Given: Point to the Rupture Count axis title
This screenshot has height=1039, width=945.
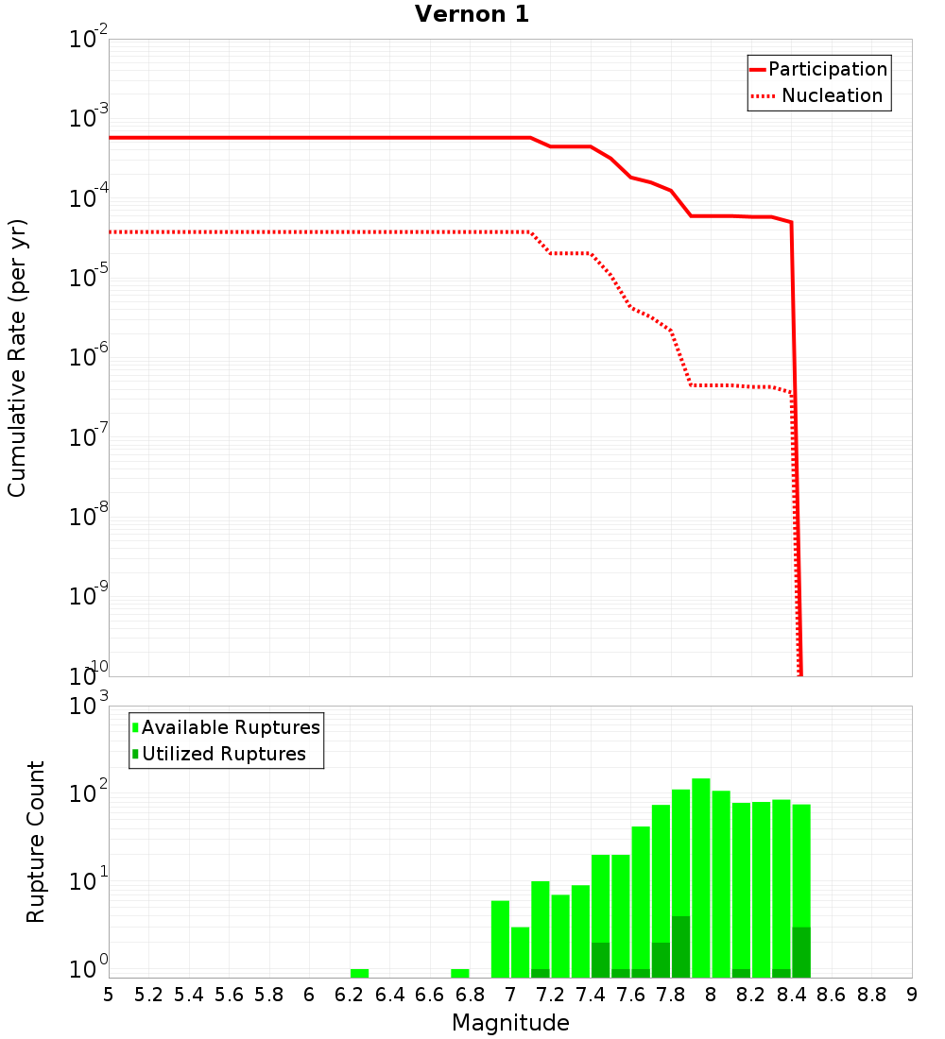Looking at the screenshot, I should pyautogui.click(x=36, y=841).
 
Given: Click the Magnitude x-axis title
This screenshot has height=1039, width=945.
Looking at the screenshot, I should pyautogui.click(x=510, y=1023).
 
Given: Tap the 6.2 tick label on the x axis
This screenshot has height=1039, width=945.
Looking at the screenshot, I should pyautogui.click(x=349, y=995).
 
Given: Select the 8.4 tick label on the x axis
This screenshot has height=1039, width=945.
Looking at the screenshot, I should pyautogui.click(x=791, y=995).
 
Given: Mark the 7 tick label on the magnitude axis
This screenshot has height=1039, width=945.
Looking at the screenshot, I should pyautogui.click(x=510, y=995).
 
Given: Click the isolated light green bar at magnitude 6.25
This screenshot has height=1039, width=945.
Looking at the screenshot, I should pyautogui.click(x=359, y=973).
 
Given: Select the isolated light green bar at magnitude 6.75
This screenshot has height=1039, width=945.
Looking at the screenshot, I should pyautogui.click(x=460, y=973).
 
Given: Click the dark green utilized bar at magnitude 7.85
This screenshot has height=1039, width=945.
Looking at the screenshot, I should pyautogui.click(x=681, y=946).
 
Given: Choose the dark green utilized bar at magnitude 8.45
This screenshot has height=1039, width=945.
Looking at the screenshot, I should pyautogui.click(x=801, y=952).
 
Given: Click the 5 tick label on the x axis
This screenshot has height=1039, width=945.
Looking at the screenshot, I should pyautogui.click(x=109, y=995).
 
